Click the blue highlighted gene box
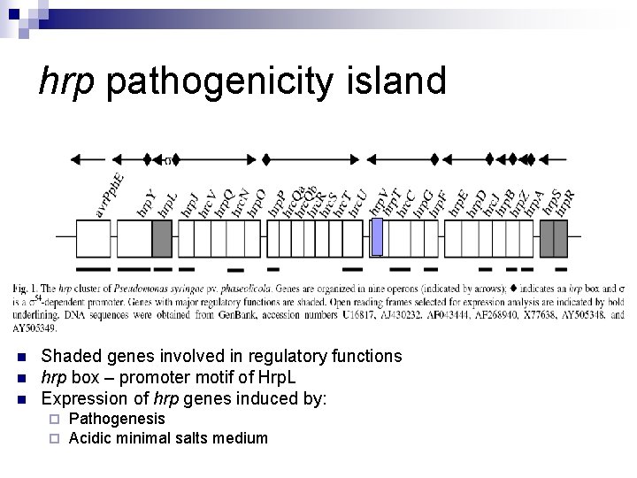tap(378, 237)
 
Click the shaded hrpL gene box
tap(162, 238)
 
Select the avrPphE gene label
tap(111, 194)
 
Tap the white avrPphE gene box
tap(93, 238)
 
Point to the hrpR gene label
tap(565, 204)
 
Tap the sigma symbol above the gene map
tap(168, 161)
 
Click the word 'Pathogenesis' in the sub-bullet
tap(117, 418)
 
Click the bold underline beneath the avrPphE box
tap(93, 267)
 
